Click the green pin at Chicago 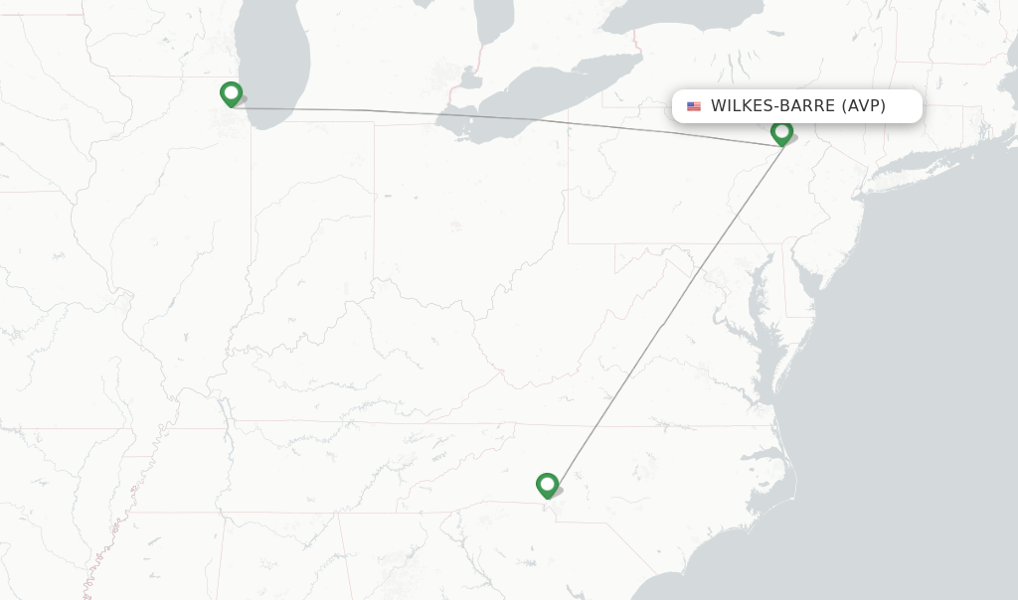tap(231, 93)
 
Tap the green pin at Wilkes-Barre tap(781, 131)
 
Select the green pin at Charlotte tap(547, 485)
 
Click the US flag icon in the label tap(694, 106)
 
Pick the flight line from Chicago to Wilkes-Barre tap(497, 114)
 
